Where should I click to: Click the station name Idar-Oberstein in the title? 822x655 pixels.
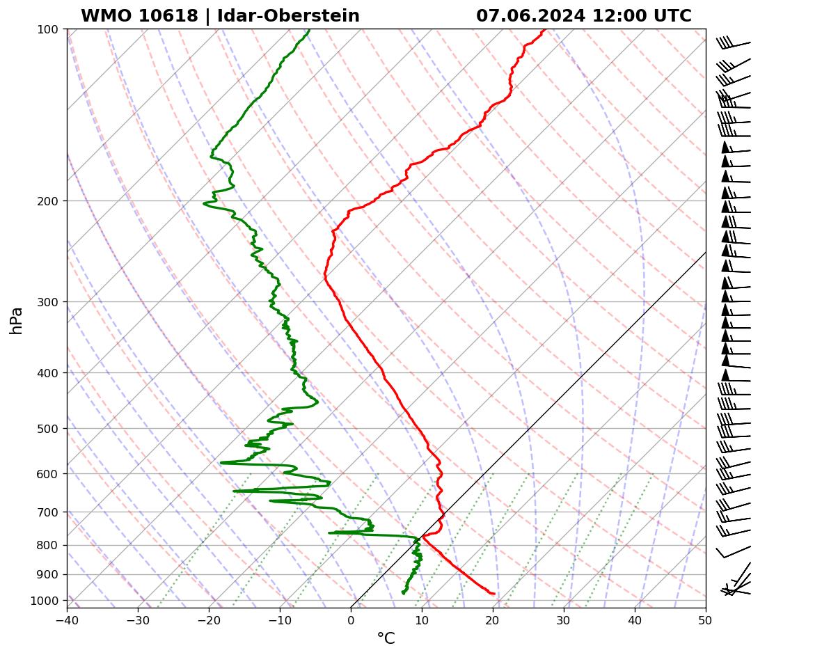(x=288, y=16)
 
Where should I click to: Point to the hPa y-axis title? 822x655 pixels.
(x=16, y=320)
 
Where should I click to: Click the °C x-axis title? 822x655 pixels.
(x=386, y=638)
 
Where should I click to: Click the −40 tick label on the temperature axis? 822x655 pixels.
(x=67, y=617)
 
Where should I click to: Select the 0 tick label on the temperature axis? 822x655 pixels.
(x=351, y=617)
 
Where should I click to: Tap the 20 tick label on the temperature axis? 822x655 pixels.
(x=493, y=617)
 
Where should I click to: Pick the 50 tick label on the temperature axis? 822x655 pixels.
(x=706, y=617)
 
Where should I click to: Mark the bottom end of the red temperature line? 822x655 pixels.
(x=494, y=594)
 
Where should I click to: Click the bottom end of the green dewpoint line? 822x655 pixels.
(x=403, y=594)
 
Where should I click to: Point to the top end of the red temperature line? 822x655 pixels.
(x=544, y=29)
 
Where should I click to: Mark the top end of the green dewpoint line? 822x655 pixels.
(x=310, y=29)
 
